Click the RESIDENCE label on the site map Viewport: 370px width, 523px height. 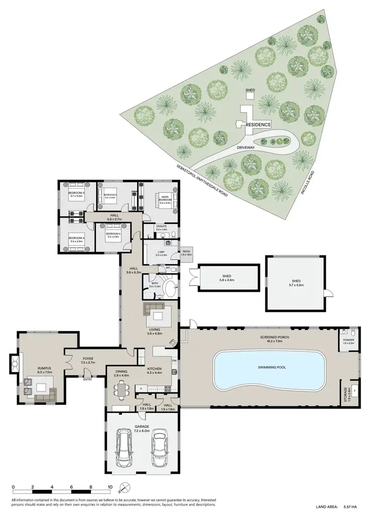click(x=259, y=125)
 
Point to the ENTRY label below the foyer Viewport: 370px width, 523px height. click(x=87, y=379)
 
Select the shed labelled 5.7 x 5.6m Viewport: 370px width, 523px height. click(x=296, y=284)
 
